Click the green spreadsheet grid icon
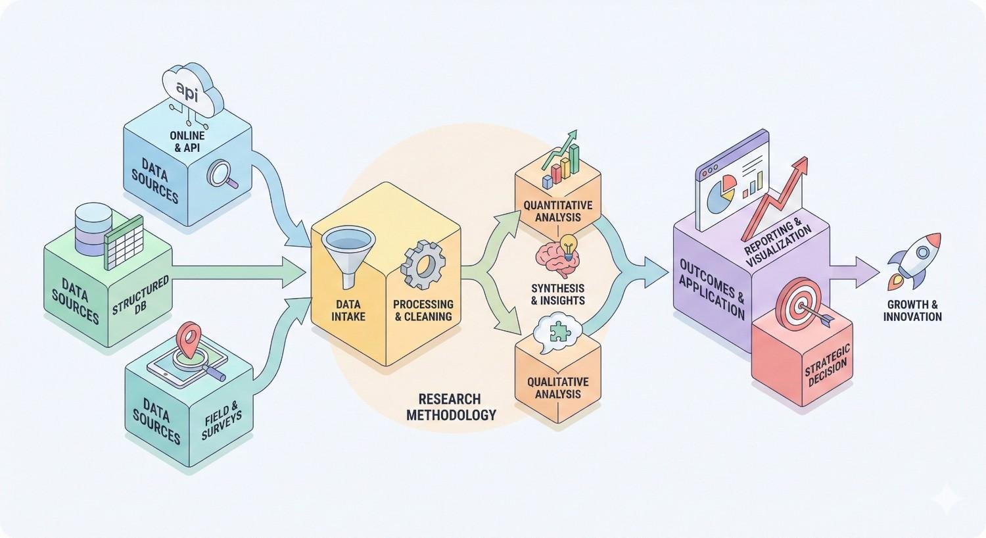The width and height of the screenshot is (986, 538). coord(124,240)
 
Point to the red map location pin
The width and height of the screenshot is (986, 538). coord(191,334)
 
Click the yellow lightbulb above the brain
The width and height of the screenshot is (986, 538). coord(567,243)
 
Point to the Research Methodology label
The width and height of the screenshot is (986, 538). coord(450,407)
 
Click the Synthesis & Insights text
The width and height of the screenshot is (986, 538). coord(557,294)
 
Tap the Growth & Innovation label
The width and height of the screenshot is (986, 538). coord(912,310)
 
